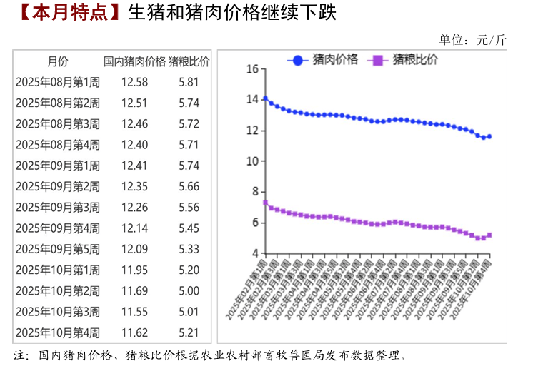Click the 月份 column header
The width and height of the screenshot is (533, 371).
58,61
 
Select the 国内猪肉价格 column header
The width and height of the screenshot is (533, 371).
134,61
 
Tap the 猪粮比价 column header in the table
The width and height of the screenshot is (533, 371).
189,61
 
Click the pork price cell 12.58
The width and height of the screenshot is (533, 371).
134,82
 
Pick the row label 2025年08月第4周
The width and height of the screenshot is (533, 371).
58,145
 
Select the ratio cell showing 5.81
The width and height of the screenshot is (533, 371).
189,82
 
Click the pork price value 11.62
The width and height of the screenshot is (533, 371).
134,332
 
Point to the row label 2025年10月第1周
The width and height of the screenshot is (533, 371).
58,270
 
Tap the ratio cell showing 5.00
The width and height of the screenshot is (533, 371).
189,290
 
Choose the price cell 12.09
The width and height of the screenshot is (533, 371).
134,249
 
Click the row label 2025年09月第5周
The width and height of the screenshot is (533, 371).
58,249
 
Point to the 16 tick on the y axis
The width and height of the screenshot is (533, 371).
251,69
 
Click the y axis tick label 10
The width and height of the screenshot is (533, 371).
251,161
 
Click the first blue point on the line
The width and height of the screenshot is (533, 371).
265,98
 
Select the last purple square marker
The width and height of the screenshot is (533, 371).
489,235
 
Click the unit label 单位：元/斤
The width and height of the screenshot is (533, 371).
472,40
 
